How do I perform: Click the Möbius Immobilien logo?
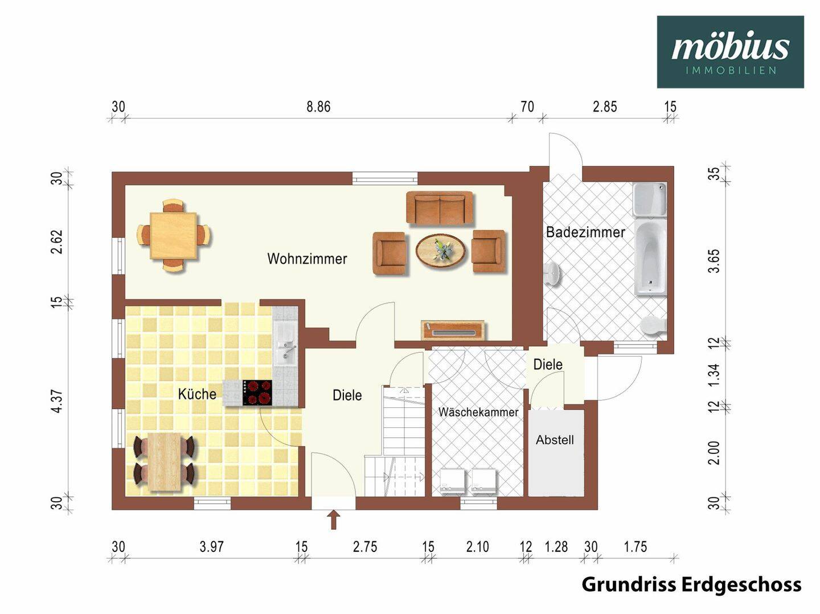(730, 52)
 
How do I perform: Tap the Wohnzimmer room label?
(307, 259)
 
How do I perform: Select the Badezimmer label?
(585, 232)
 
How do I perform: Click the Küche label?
(197, 394)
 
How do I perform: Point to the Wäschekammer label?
(478, 412)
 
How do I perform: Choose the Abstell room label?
(555, 440)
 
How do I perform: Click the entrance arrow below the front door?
(334, 519)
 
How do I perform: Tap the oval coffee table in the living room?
(441, 250)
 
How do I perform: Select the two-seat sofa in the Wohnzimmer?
(440, 208)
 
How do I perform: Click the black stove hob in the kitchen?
(257, 392)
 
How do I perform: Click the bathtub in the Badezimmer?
(650, 257)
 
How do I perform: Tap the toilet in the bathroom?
(653, 325)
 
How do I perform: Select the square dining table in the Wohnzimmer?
(174, 235)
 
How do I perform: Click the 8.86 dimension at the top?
(318, 107)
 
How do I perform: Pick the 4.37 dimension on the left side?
(58, 401)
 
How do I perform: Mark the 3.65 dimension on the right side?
(714, 261)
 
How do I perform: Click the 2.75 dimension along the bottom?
(365, 547)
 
